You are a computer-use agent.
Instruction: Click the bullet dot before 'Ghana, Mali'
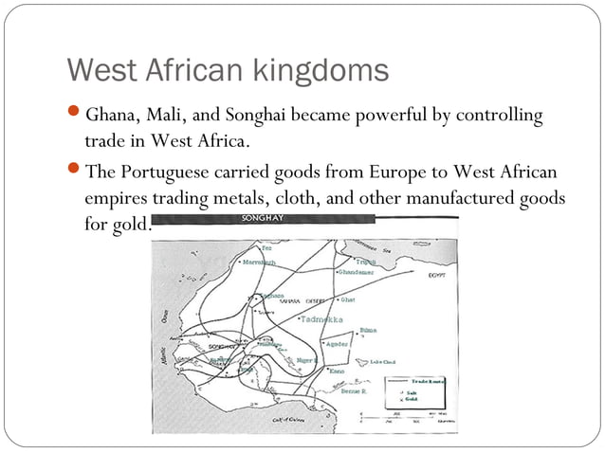(76, 116)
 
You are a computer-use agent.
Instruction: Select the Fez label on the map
(253, 248)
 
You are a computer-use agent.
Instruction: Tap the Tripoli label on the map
(366, 262)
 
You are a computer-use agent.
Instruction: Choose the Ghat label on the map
(347, 300)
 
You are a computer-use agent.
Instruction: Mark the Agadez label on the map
(338, 344)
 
